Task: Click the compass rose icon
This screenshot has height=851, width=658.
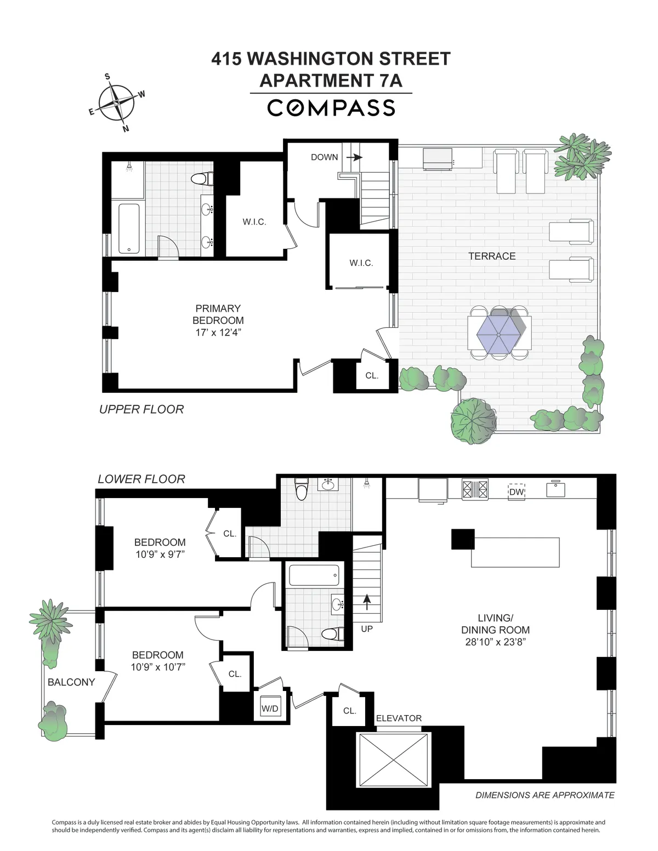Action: (x=116, y=103)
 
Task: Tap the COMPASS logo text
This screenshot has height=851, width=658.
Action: (x=331, y=108)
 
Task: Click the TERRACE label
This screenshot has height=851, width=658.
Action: (x=492, y=256)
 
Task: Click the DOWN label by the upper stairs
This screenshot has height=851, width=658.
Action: (x=324, y=157)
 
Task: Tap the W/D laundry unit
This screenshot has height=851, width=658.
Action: (x=270, y=709)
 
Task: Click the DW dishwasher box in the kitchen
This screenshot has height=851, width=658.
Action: (x=517, y=492)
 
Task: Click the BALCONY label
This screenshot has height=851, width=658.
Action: (x=71, y=682)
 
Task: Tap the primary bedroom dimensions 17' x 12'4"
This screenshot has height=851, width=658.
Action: (x=218, y=333)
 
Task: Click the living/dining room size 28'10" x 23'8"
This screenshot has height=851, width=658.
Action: (x=495, y=642)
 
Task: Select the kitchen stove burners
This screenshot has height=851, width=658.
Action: (x=475, y=489)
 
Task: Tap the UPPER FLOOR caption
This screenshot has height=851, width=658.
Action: (x=141, y=409)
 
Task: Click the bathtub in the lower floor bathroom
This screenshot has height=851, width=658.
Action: (x=313, y=575)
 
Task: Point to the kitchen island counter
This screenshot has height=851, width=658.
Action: (x=515, y=552)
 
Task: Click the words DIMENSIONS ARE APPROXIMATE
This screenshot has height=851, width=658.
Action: (x=544, y=795)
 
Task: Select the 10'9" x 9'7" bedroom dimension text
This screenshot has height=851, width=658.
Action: (x=160, y=555)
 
